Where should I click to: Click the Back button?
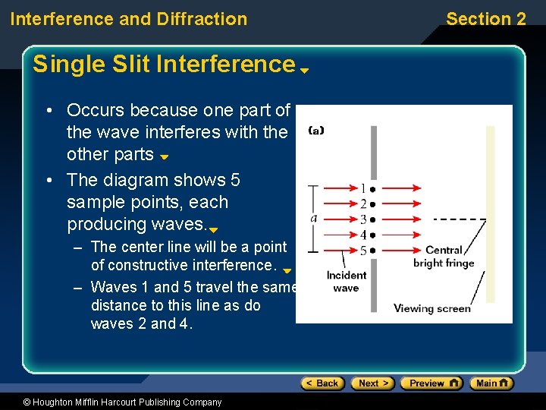point(322,383)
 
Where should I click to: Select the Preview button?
point(431,383)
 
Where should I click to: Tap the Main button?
point(491,383)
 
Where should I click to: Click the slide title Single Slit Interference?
point(163,65)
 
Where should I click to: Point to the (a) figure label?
point(316,130)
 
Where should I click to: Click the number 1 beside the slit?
point(363,188)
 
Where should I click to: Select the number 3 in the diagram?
point(363,219)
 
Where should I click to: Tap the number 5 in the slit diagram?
point(363,251)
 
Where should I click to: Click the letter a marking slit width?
point(314,218)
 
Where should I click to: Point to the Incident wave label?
point(346,282)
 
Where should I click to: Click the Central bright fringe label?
point(444,257)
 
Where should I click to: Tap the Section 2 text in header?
point(485,19)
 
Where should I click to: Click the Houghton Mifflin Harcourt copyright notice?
point(111,402)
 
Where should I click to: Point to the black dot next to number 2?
point(373,204)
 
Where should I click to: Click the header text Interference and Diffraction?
point(129,19)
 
